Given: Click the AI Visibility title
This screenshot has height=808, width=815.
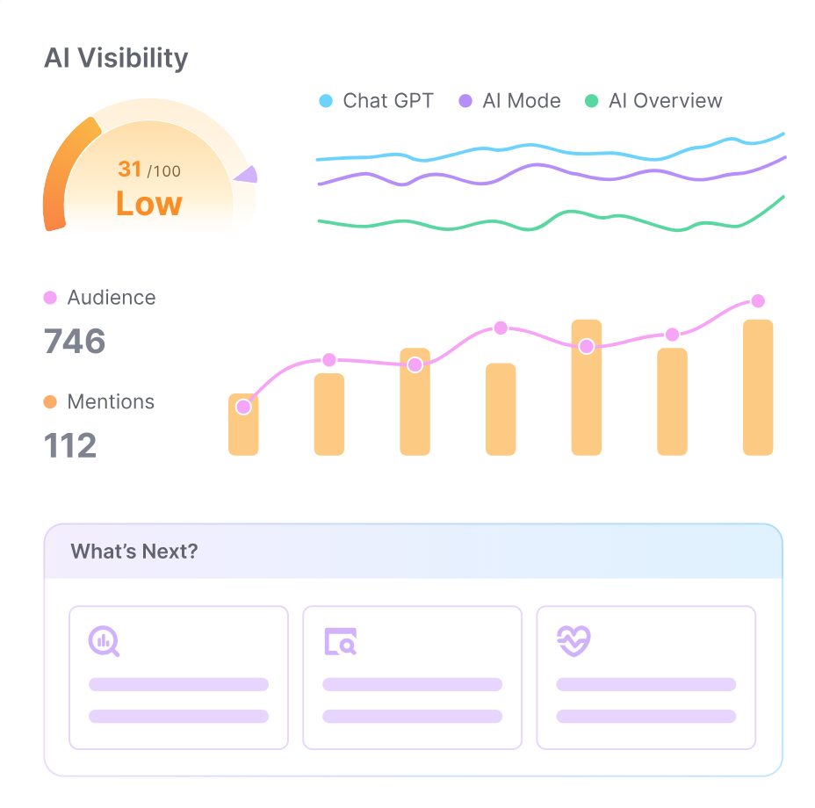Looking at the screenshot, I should pos(116,59).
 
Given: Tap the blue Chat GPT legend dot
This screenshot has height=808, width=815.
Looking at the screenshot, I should pos(326,101).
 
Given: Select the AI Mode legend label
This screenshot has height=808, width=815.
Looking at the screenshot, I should pos(522,101).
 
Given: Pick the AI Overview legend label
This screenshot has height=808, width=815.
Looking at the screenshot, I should pos(665,101).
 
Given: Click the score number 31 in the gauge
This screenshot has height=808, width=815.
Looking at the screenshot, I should pos(130,168).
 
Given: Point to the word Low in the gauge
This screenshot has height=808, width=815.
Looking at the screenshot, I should pos(148,204).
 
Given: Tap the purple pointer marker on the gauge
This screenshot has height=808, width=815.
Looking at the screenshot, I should pos(246,174).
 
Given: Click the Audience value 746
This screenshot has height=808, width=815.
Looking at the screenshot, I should pos(75,342).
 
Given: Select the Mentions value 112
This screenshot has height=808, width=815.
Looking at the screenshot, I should pos(70,445).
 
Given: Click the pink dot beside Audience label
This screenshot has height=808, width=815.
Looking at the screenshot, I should pos(50,298).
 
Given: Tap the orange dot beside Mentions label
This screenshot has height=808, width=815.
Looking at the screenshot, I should pos(50,402).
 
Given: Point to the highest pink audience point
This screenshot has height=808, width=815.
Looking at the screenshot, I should pos(758,301).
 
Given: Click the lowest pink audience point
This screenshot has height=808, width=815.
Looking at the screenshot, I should pos(243,407).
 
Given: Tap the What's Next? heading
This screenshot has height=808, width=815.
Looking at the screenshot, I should pos(134,552).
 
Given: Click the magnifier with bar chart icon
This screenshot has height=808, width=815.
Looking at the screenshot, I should pos(104,641).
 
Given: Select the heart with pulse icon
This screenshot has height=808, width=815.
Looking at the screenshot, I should pos(573,641).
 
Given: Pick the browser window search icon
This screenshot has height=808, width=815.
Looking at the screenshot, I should pos(340,642).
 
